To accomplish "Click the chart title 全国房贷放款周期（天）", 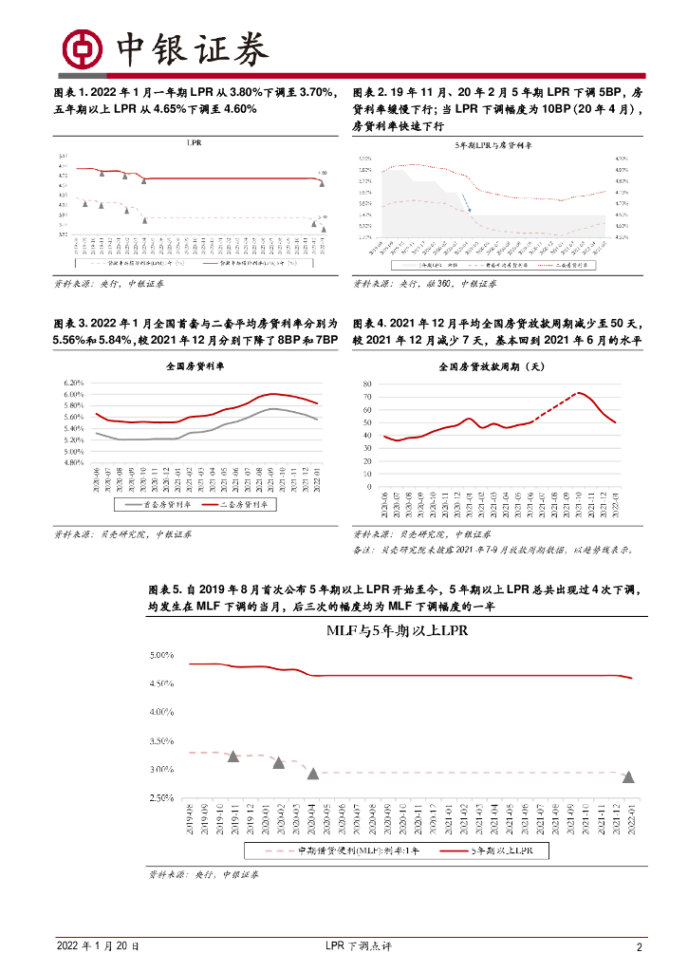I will pos(493,365).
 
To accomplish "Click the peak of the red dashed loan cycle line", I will pos(580,392).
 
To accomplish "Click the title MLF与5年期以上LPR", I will pos(398,629).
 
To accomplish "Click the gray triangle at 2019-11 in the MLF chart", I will pos(232,756).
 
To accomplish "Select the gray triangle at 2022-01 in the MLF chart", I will pos(628,776).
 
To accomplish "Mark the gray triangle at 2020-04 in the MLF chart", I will pos(312,774).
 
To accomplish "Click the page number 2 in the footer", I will pos(640,947).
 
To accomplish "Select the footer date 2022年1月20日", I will pos(98,947).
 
